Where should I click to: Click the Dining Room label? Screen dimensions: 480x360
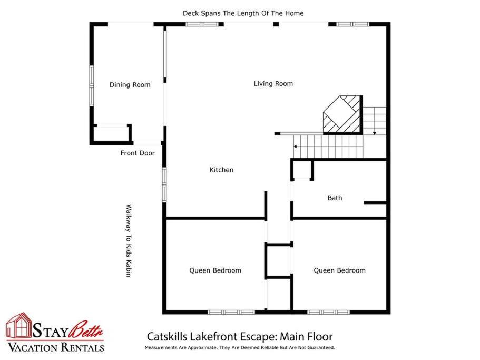[x=130, y=85]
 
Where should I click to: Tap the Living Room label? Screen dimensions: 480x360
[x=273, y=84]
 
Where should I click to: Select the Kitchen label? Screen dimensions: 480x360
[x=221, y=170]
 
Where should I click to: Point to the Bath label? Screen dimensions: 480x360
[x=335, y=198]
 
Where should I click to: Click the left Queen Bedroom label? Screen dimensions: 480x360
[x=215, y=270]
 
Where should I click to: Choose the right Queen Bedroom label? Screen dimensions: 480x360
[x=339, y=270]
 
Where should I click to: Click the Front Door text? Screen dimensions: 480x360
[x=138, y=153]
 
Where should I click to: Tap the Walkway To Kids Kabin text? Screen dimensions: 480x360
[x=129, y=240]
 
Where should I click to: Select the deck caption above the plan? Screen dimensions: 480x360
[x=243, y=13]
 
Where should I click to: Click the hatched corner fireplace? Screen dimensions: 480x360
[x=343, y=115]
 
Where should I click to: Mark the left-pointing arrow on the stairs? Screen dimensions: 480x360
[x=296, y=147]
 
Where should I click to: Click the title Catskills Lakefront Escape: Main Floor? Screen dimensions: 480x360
[x=240, y=336]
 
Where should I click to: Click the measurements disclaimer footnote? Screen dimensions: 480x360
[x=240, y=348]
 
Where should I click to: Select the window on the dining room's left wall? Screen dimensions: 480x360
[x=91, y=86]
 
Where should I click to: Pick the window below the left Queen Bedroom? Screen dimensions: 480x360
[x=231, y=312]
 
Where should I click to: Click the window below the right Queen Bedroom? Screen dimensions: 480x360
[x=328, y=312]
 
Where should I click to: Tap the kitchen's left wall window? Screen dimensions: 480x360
[x=164, y=184]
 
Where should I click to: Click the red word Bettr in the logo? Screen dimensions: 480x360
[x=86, y=330]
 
